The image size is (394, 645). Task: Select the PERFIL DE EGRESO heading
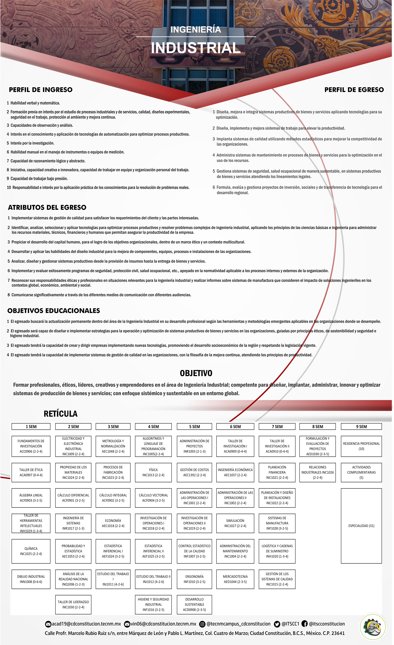pyautogui.click(x=354, y=90)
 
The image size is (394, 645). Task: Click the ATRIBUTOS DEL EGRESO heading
pyautogui.click(x=47, y=207)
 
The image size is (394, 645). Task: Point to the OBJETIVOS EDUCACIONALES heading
pyautogui.click(x=54, y=311)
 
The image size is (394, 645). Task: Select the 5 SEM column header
pyautogui.click(x=194, y=427)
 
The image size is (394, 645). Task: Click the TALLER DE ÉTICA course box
pyautogui.click(x=31, y=473)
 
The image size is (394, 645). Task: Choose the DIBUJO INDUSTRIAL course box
pyautogui.click(x=31, y=579)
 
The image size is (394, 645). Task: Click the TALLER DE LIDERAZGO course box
pyautogui.click(x=73, y=604)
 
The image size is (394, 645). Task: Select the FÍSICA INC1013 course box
pyautogui.click(x=153, y=473)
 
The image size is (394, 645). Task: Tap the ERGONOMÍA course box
pyautogui.click(x=194, y=579)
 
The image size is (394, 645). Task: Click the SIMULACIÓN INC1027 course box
pyautogui.click(x=235, y=523)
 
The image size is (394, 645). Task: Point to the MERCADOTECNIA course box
pyautogui.click(x=235, y=579)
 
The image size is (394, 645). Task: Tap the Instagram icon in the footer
pyautogui.click(x=202, y=624)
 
